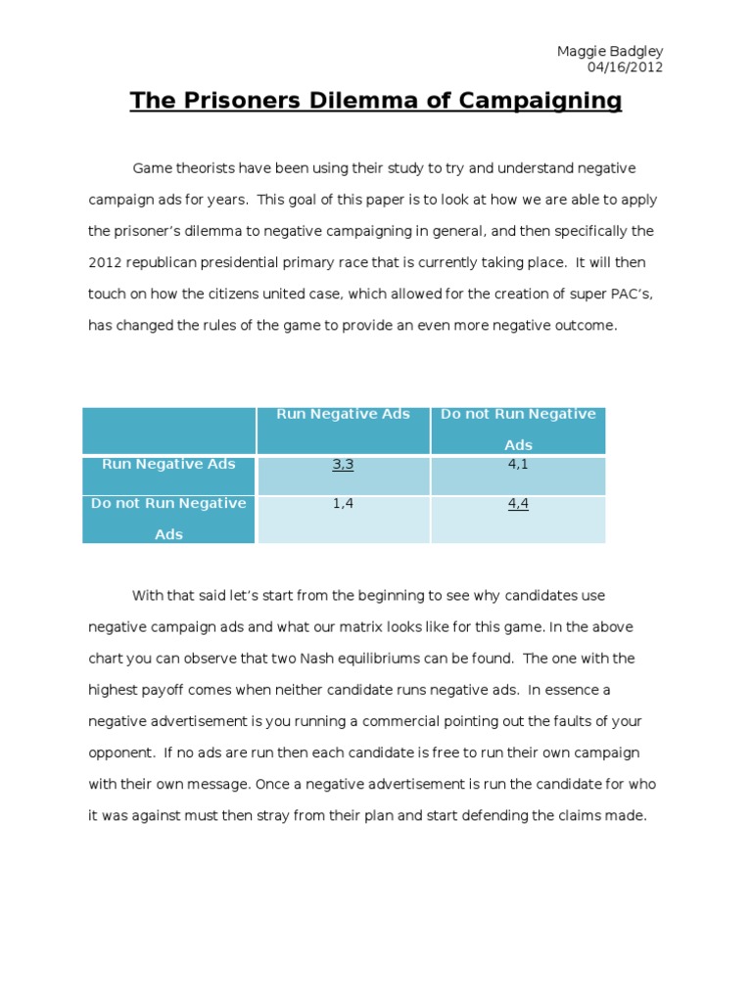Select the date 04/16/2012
pyautogui.click(x=626, y=67)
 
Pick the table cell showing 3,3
pyautogui.click(x=343, y=465)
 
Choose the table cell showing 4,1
pyautogui.click(x=518, y=465)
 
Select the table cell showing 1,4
pyautogui.click(x=343, y=504)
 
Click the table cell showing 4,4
pyautogui.click(x=518, y=504)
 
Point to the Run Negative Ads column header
pyautogui.click(x=343, y=414)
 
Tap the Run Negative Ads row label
pyautogui.click(x=168, y=464)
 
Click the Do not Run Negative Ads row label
pyautogui.click(x=168, y=519)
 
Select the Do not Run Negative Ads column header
pyautogui.click(x=518, y=429)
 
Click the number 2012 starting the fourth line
pyautogui.click(x=105, y=263)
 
